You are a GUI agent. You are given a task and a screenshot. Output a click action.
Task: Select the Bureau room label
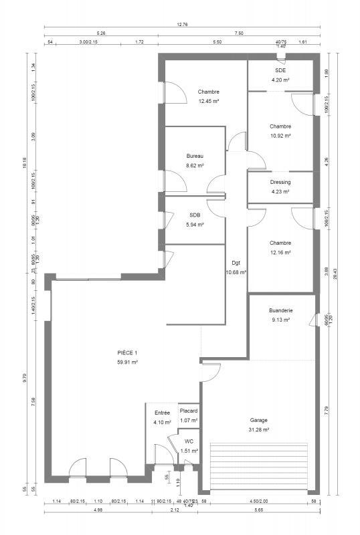click(x=195, y=156)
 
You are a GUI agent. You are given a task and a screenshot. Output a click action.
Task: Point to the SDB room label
click(x=195, y=215)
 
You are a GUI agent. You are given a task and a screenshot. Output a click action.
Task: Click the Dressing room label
click(x=280, y=182)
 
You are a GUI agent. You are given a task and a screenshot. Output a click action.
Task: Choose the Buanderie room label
click(x=280, y=310)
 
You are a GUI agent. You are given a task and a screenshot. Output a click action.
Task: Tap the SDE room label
click(x=280, y=70)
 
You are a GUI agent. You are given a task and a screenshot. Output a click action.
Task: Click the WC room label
click(x=189, y=441)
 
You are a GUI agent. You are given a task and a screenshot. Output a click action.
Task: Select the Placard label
click(x=189, y=411)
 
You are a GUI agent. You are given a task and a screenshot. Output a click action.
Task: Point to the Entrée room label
click(x=162, y=413)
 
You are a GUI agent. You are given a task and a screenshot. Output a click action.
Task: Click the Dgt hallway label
click(x=236, y=263)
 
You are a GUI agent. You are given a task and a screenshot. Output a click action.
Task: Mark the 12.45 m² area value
click(x=209, y=102)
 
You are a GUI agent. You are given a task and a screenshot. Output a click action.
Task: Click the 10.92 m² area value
click(x=280, y=136)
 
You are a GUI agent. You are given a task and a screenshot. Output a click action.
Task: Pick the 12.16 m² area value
click(x=280, y=252)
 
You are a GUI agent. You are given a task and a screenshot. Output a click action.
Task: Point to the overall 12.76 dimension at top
click(x=182, y=25)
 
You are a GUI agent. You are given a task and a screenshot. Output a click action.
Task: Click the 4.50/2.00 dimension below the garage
click(x=259, y=501)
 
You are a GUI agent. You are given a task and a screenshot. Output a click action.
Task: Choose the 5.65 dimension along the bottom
click(x=259, y=511)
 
